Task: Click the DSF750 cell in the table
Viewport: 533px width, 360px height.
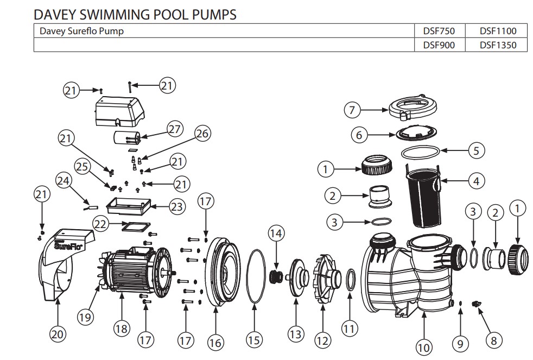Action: (438, 31)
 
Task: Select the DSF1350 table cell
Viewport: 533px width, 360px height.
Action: (497, 45)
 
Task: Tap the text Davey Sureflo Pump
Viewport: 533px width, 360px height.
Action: (81, 31)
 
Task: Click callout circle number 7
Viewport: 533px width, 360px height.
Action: (353, 110)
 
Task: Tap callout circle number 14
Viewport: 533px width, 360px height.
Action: (276, 234)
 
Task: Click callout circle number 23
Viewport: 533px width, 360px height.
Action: (176, 206)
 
